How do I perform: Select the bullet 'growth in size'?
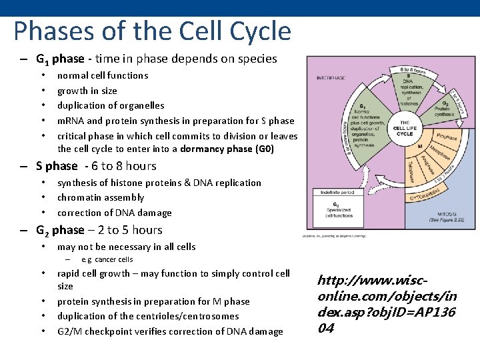(x=87, y=91)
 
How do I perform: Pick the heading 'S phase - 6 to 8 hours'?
(x=96, y=166)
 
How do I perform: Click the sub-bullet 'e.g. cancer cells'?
(x=107, y=259)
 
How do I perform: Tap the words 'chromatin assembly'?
(x=101, y=197)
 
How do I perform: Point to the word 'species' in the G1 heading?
(x=256, y=59)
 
